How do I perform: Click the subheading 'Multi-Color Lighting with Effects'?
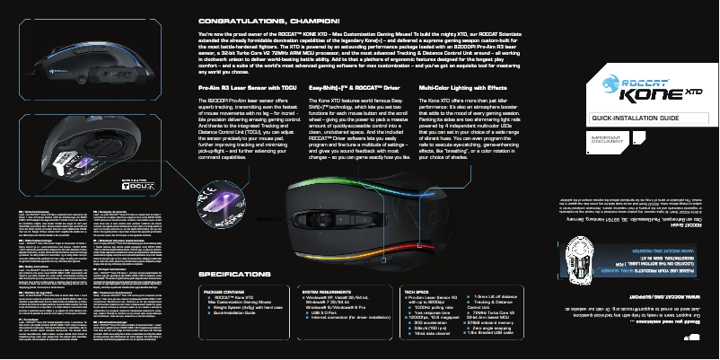pos(463,88)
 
